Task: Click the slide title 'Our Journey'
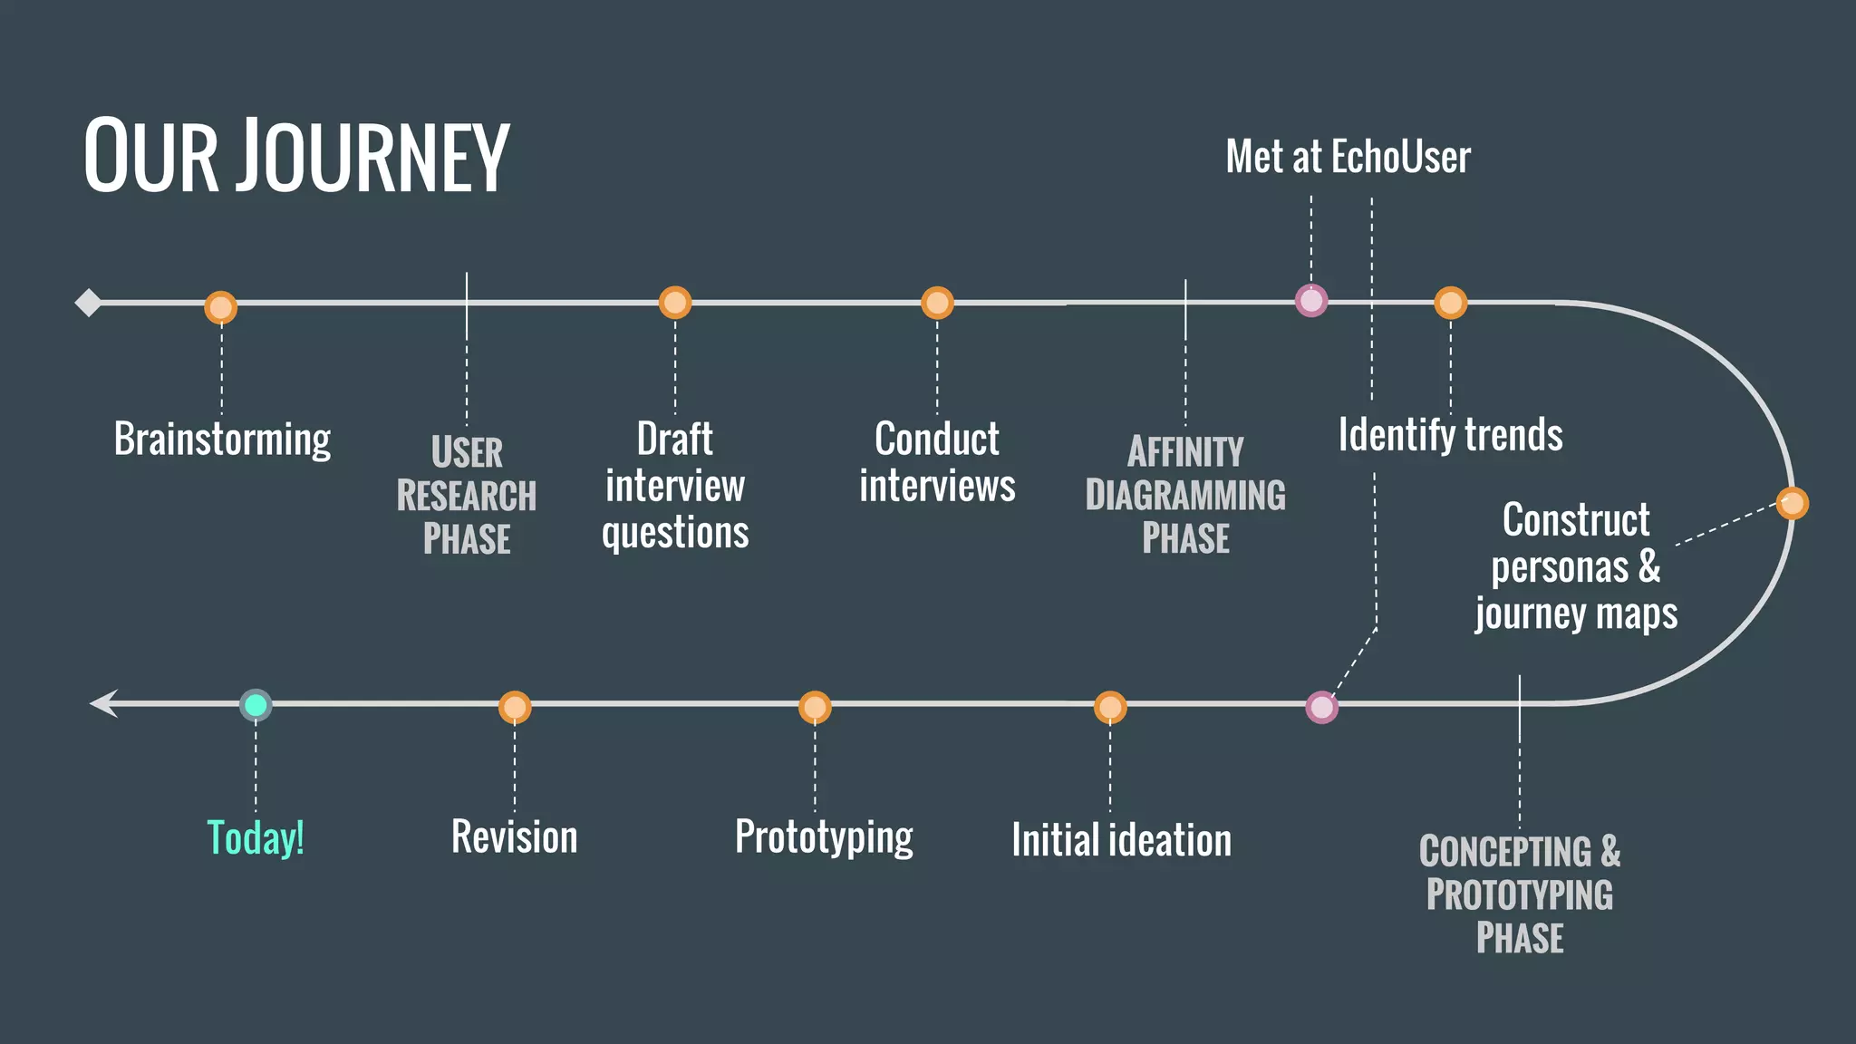point(296,156)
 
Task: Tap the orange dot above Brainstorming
point(221,307)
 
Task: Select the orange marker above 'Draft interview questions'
point(675,303)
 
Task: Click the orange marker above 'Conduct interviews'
point(937,303)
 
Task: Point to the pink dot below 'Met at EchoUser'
point(1311,300)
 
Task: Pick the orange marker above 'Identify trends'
point(1450,303)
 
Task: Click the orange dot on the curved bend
point(1792,503)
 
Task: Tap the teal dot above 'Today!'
point(256,705)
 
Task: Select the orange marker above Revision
point(515,707)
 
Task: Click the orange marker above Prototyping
point(815,707)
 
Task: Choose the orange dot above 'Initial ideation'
point(1110,707)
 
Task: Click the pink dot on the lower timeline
point(1322,707)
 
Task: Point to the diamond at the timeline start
point(88,303)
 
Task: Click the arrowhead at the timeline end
point(103,703)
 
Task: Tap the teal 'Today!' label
point(256,837)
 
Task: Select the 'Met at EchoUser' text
point(1348,157)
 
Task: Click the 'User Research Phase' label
point(467,495)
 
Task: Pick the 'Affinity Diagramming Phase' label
point(1185,495)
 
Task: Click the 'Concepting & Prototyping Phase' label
point(1520,894)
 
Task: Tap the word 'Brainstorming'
point(222,440)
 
